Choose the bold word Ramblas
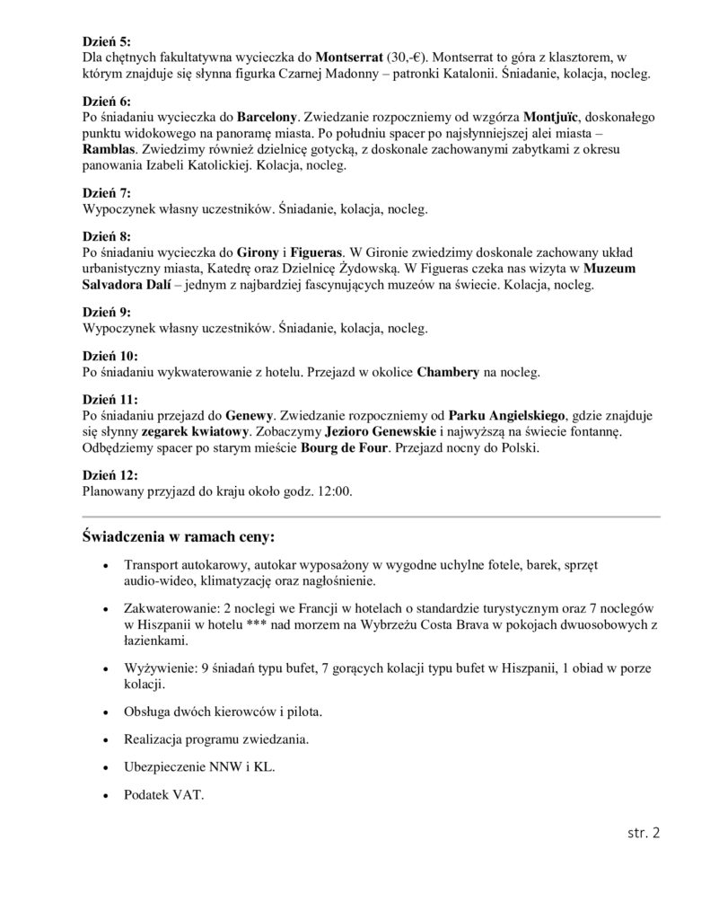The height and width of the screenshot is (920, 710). click(x=112, y=149)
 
